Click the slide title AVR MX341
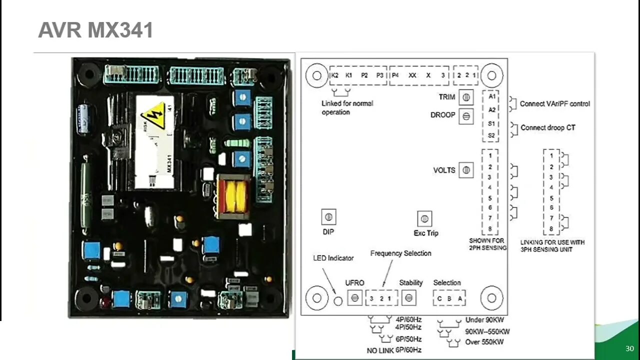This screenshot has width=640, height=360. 95,30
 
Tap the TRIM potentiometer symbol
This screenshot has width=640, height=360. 466,97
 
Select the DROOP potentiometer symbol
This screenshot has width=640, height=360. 466,116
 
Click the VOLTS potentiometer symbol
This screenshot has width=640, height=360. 466,170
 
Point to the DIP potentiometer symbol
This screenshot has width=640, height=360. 328,217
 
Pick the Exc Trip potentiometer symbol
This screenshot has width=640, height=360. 424,218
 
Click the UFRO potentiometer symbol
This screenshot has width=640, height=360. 354,298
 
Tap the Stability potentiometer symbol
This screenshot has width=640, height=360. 408,298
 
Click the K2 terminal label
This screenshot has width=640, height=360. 334,75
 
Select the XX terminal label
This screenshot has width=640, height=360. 412,75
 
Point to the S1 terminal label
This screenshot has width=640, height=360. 492,123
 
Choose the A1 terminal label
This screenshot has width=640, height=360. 492,96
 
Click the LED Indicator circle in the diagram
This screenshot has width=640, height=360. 338,300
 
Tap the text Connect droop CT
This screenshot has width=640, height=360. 548,127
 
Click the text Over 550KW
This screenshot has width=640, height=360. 484,342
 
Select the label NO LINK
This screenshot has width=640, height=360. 380,350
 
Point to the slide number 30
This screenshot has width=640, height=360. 629,348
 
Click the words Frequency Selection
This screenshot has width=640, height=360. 400,253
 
